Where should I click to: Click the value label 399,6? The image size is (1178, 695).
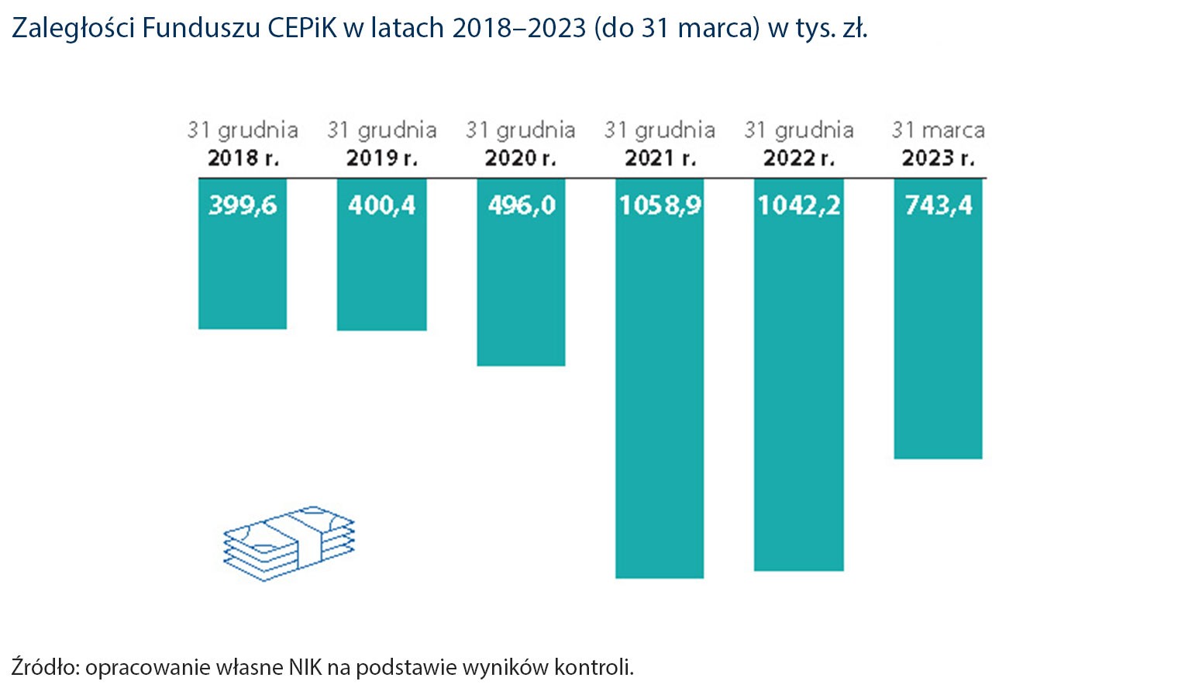point(243,206)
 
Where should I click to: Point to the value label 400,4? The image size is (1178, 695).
point(381,206)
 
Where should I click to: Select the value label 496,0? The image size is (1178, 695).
point(521,206)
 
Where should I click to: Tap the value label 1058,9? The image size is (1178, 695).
point(660,206)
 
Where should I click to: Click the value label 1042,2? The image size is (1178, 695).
point(798,206)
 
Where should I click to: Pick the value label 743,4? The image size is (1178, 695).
point(938,206)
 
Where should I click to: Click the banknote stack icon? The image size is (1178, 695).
point(288,543)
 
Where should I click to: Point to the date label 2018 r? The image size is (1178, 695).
point(243,158)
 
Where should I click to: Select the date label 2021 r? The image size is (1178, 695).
point(660,158)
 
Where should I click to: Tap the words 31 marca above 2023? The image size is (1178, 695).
point(938,130)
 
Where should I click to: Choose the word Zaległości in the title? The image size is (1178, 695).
point(74,29)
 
